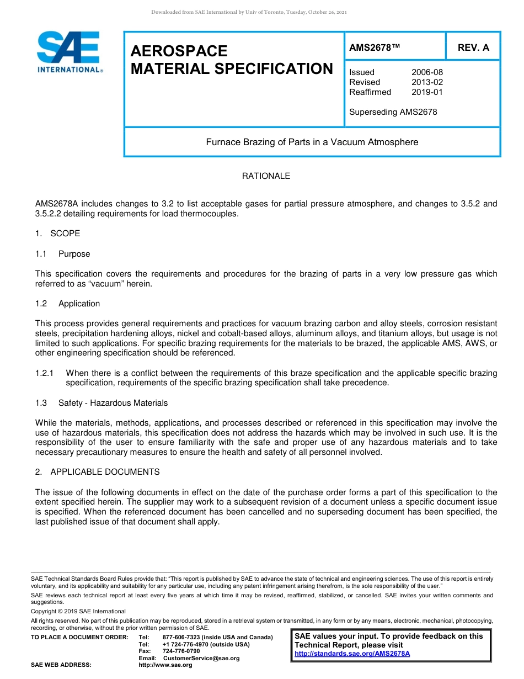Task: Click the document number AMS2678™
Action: (x=375, y=47)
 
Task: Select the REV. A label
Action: (x=473, y=47)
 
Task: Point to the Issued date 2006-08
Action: (x=427, y=72)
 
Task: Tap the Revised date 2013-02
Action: (x=427, y=82)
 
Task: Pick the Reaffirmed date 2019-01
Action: (x=427, y=92)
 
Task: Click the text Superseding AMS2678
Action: (x=393, y=112)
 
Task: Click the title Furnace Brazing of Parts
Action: (x=312, y=142)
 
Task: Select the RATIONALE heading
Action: (x=266, y=176)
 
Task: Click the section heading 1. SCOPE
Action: (x=58, y=234)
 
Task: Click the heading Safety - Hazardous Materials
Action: (x=113, y=403)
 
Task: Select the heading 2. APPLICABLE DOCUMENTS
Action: (x=98, y=472)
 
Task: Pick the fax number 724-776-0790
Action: (x=181, y=651)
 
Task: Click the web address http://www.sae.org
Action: (x=165, y=665)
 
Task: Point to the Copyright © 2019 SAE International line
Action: (x=78, y=611)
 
